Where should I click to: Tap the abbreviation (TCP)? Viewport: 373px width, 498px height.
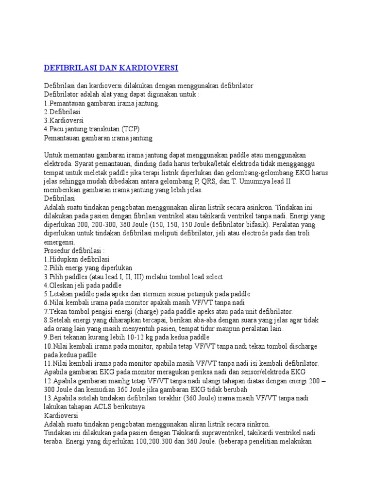(x=130, y=129)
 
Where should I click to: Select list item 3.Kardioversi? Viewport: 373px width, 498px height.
(x=64, y=120)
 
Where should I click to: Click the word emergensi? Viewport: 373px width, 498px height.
(x=59, y=242)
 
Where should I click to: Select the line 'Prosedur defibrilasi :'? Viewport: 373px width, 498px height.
(x=74, y=250)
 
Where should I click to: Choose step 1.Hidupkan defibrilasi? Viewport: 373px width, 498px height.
(x=77, y=259)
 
